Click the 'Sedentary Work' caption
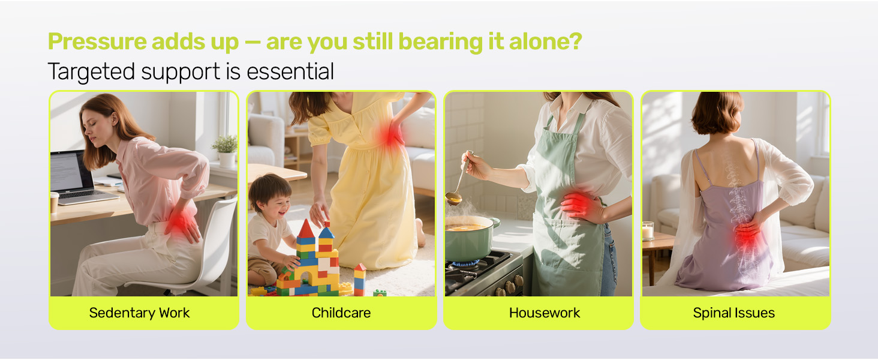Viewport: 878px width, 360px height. (x=139, y=313)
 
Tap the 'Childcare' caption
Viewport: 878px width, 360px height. (x=341, y=313)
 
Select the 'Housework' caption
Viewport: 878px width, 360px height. (x=545, y=313)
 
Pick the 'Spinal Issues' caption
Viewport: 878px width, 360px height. (x=733, y=313)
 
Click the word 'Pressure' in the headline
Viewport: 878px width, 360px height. (x=97, y=41)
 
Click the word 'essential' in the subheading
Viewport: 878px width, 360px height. (x=290, y=71)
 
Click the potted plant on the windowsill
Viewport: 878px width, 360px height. (x=226, y=151)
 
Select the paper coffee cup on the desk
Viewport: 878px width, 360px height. (x=54, y=203)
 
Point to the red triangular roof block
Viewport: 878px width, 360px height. (x=306, y=229)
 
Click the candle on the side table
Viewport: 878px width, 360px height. (x=648, y=230)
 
